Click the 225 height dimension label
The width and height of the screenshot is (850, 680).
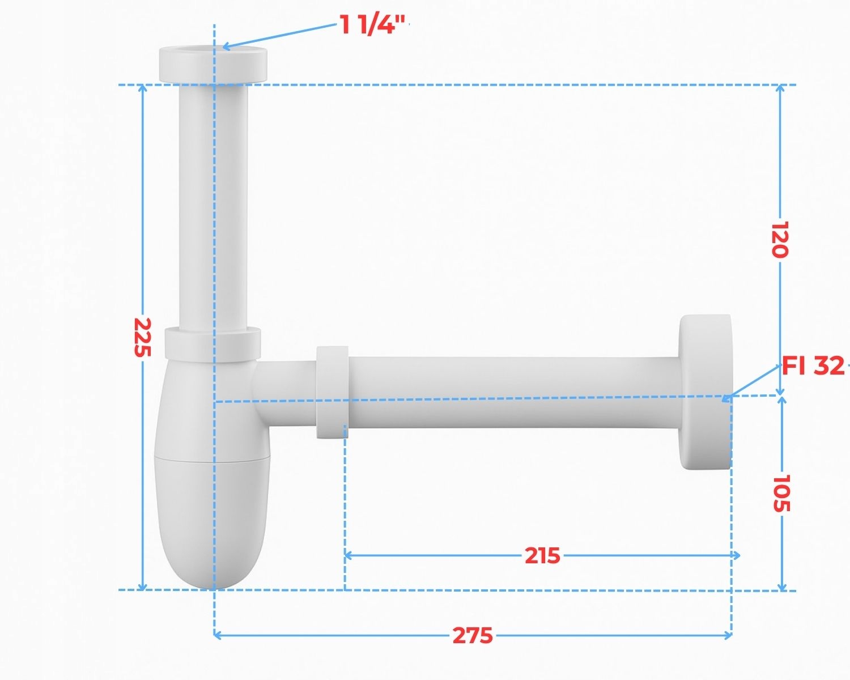[x=142, y=337]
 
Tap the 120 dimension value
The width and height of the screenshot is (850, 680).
[x=780, y=239]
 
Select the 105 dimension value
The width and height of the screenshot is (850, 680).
[x=781, y=493]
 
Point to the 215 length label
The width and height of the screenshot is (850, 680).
[x=542, y=555]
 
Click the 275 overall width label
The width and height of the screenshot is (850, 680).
[x=473, y=636]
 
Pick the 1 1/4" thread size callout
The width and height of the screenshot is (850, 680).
[x=372, y=24]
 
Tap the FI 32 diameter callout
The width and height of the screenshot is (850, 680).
[x=813, y=365]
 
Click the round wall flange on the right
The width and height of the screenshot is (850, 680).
[x=705, y=392]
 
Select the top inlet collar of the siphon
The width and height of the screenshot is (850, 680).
[x=213, y=65]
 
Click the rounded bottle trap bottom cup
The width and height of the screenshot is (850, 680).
[x=212, y=521]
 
